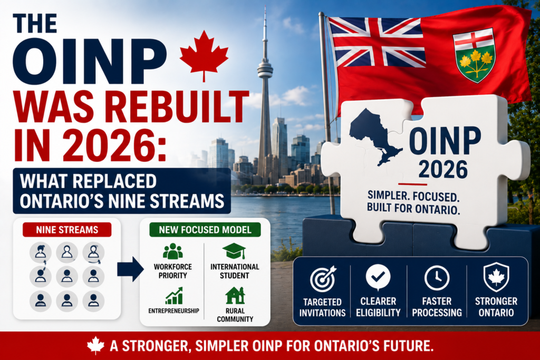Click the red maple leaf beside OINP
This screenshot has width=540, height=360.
[204, 55]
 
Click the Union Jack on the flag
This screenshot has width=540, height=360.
[377, 43]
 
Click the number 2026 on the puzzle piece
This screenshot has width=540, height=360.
[443, 169]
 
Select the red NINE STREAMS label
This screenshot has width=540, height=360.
[67, 230]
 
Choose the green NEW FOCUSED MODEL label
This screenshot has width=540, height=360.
[205, 230]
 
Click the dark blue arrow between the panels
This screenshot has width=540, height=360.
[130, 269]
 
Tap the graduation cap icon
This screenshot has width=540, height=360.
[234, 251]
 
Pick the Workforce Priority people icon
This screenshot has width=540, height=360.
[172, 251]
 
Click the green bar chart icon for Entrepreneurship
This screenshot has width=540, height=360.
[174, 296]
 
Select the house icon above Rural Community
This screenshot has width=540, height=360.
[235, 296]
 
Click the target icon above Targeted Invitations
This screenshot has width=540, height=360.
[322, 279]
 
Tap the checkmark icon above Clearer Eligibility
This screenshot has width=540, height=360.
[378, 277]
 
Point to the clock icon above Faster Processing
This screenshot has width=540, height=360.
[437, 278]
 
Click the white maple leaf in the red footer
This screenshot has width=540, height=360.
[95, 346]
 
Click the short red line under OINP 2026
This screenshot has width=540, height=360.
[412, 184]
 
